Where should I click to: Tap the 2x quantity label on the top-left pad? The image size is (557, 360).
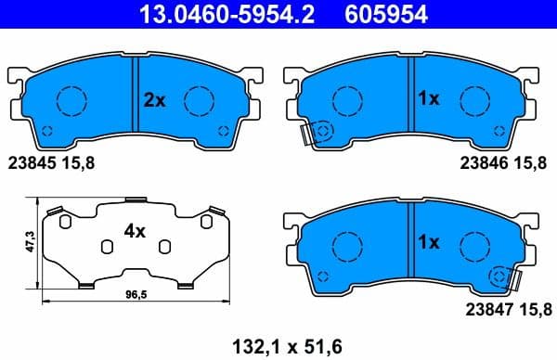[x=154, y=98]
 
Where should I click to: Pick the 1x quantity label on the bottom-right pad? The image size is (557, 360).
[x=429, y=243]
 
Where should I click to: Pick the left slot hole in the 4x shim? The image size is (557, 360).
[x=107, y=245]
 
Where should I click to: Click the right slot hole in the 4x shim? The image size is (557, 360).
[x=164, y=245]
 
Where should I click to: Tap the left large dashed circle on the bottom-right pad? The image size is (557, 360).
[x=347, y=243]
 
